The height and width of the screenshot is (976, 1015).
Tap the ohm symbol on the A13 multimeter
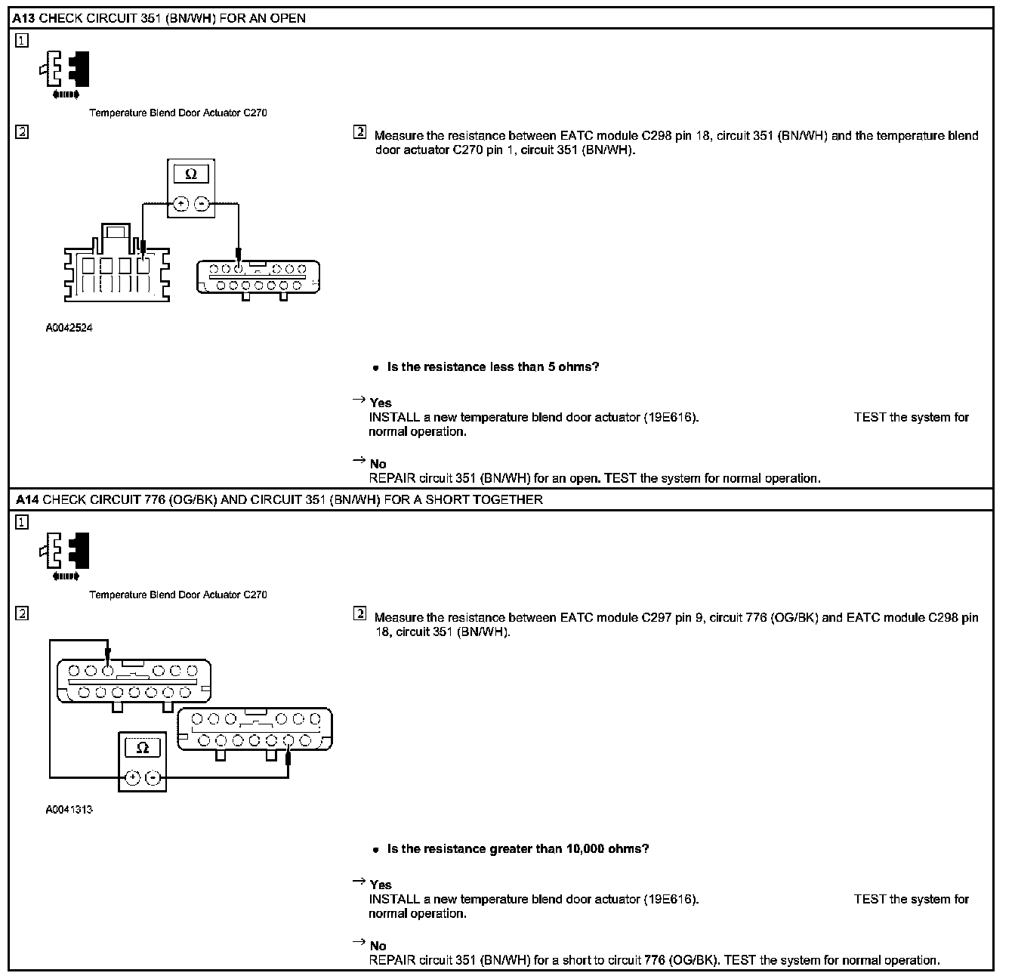(191, 174)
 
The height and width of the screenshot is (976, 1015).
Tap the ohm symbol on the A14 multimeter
(143, 748)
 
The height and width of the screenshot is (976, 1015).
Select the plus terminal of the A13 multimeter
(180, 203)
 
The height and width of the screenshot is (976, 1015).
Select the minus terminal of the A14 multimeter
(153, 777)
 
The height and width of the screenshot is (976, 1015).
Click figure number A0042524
(69, 328)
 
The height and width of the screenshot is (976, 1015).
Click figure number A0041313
(69, 810)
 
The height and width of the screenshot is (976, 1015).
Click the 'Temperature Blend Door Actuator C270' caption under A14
(178, 595)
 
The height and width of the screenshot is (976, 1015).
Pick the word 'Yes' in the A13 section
(381, 403)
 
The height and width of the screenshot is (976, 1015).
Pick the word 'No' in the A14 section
(378, 946)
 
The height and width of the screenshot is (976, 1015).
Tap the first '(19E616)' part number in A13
(671, 417)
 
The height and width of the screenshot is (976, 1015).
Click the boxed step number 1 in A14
(23, 522)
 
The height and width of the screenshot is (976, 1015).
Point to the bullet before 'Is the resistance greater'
(375, 850)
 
